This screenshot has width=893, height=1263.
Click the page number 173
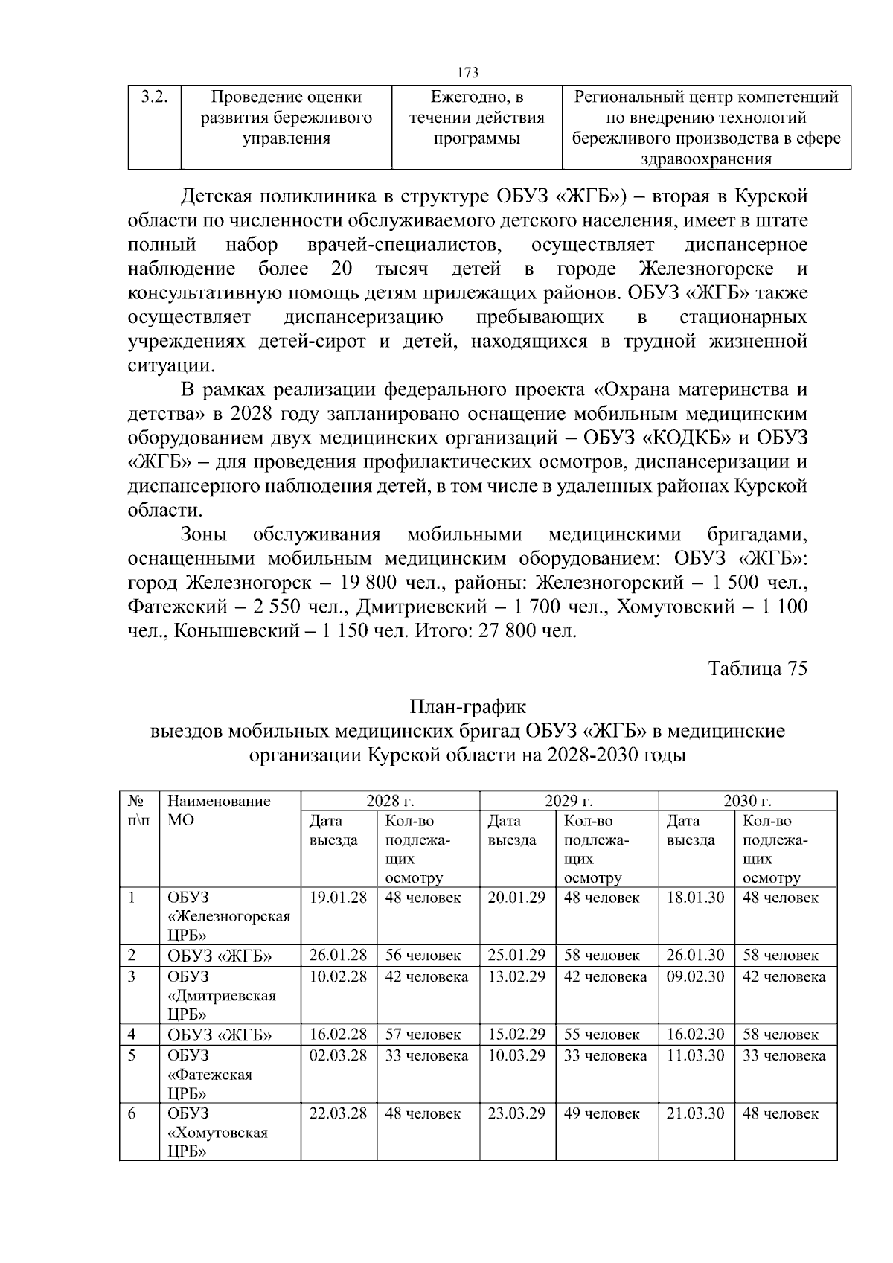(x=467, y=72)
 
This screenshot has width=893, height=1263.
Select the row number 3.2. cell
(x=153, y=97)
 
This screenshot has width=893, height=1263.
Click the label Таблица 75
(x=758, y=668)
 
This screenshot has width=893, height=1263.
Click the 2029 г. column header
(x=569, y=801)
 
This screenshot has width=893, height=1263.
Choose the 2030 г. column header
(x=747, y=801)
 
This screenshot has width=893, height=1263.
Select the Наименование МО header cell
(x=219, y=810)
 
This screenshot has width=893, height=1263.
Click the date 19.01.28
(x=338, y=898)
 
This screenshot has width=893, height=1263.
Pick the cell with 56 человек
(x=423, y=955)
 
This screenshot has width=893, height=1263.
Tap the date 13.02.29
(x=516, y=976)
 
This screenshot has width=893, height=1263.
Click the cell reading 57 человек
(x=423, y=1034)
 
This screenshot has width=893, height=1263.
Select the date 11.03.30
(x=695, y=1055)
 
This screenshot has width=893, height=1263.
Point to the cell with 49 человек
(x=601, y=1113)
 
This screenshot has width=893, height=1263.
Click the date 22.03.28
(x=338, y=1113)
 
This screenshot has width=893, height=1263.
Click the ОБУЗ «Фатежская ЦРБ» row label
(x=210, y=1074)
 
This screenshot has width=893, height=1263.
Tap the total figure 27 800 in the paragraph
(x=511, y=631)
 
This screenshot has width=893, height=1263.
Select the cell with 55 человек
(x=601, y=1034)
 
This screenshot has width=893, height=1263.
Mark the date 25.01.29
(x=516, y=955)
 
